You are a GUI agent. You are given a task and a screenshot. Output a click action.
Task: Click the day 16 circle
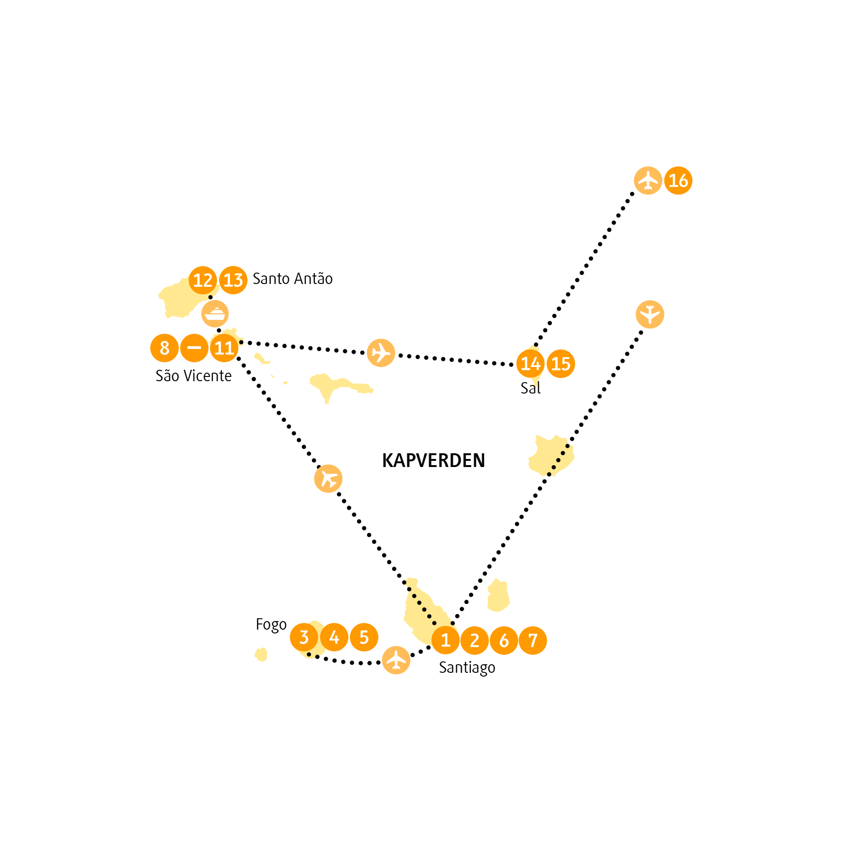click(x=678, y=181)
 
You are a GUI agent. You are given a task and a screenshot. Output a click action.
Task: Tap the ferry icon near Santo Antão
click(x=215, y=314)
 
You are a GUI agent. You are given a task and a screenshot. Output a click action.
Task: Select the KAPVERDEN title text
click(x=433, y=460)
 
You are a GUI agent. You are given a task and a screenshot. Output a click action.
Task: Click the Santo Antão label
click(x=293, y=279)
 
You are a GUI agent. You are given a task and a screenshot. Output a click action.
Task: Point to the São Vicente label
click(x=193, y=376)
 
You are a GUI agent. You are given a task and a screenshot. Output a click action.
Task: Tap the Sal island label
click(x=531, y=388)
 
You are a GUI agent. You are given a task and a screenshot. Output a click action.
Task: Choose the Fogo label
click(x=271, y=625)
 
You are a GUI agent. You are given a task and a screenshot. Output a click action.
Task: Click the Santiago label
click(x=467, y=668)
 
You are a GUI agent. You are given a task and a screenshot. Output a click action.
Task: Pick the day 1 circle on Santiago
click(x=446, y=640)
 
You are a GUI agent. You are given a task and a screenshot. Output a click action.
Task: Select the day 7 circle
click(x=533, y=640)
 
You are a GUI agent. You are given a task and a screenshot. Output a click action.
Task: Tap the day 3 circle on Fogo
click(x=304, y=637)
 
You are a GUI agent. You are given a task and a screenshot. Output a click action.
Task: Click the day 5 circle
click(x=364, y=637)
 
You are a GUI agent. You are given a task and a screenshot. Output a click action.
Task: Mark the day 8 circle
click(x=165, y=348)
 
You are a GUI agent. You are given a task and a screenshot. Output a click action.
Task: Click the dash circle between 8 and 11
click(x=194, y=348)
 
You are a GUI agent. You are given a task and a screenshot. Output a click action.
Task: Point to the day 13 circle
click(x=233, y=280)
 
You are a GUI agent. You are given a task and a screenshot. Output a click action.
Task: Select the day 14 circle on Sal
click(x=531, y=364)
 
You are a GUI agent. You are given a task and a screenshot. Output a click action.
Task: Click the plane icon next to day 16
click(x=648, y=181)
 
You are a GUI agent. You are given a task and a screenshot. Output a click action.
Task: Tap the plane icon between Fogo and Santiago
click(x=396, y=660)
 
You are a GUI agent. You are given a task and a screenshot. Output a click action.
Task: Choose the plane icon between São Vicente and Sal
click(x=381, y=353)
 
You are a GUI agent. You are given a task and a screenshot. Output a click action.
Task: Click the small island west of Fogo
click(x=261, y=655)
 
